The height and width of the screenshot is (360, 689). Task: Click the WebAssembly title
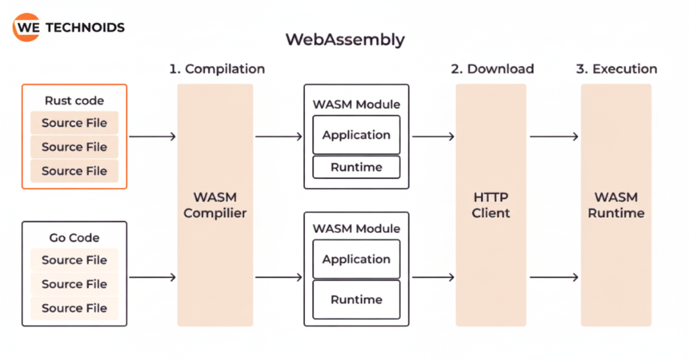point(344,39)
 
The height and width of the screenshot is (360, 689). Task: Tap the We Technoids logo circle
point(26,28)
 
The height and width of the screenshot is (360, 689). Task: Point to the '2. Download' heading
point(491,69)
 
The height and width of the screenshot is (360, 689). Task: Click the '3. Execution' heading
point(616,69)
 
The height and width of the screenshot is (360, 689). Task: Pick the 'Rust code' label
point(74,101)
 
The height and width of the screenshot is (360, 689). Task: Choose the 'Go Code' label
point(74,238)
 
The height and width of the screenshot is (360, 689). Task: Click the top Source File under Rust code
point(74,123)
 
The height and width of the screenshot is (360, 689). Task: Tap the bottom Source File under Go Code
point(74,308)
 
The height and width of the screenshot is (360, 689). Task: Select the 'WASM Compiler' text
point(215,205)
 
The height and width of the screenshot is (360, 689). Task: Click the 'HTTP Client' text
point(491,205)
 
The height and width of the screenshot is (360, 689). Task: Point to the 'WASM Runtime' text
point(616,205)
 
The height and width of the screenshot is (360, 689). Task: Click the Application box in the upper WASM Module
point(356,135)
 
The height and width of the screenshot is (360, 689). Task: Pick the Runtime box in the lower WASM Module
point(356,299)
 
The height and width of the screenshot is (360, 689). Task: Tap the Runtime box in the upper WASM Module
point(356,167)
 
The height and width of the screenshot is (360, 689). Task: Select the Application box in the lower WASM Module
point(356,259)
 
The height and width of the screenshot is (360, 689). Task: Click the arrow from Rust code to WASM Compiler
point(152,137)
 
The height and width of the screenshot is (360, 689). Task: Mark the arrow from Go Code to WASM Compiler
point(152,277)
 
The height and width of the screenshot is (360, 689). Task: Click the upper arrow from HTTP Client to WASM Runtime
point(554,137)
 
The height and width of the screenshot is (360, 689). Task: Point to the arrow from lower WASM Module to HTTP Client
point(433,277)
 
